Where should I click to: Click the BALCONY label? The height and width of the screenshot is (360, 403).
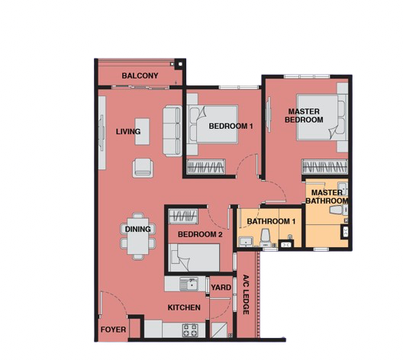[x=140, y=76]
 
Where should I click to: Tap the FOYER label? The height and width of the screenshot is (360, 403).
[x=113, y=329]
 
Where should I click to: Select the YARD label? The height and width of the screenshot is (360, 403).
[x=221, y=288]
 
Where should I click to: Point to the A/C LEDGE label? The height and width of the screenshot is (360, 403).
[x=246, y=294]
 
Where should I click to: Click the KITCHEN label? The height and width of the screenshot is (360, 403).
[x=184, y=307]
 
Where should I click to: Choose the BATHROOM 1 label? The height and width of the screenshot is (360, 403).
[x=271, y=221]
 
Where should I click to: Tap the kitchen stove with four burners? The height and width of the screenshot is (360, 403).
[x=190, y=330]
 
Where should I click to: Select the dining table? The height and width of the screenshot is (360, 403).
[x=138, y=236]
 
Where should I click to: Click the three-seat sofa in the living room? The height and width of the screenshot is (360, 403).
[x=172, y=130]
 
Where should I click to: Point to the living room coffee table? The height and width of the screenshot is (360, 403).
[x=142, y=131]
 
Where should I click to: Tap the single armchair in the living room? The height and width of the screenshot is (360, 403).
[x=143, y=168]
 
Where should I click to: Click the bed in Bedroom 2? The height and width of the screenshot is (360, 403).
[x=195, y=258]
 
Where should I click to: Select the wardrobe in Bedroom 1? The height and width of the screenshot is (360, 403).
[x=206, y=166]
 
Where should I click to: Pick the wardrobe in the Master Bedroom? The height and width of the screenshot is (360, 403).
[x=324, y=166]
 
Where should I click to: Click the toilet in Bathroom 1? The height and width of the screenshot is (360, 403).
[x=265, y=237]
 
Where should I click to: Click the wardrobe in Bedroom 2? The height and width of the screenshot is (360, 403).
[x=183, y=217]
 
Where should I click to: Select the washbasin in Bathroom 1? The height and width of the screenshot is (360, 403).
[x=246, y=242]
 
